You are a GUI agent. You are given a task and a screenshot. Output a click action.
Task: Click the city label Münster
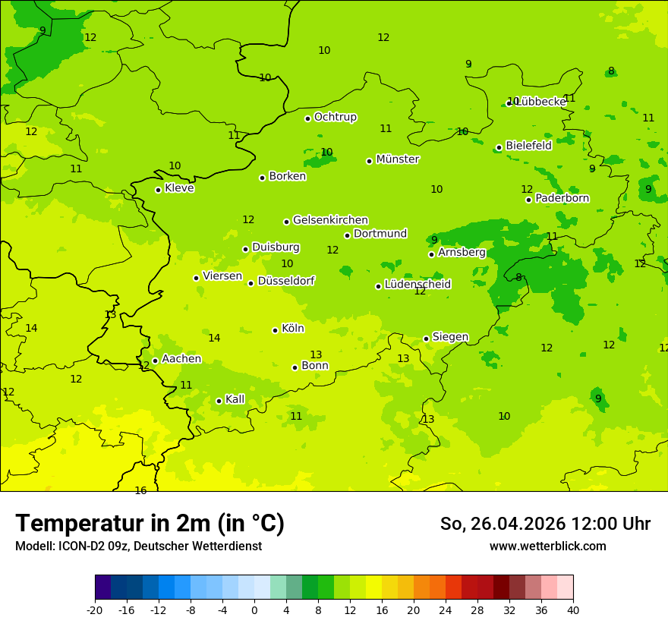click(397, 159)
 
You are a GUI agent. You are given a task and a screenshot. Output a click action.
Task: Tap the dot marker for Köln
click(275, 330)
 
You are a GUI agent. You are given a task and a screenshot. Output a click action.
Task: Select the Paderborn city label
click(562, 198)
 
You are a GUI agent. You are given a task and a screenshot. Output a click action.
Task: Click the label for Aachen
click(181, 359)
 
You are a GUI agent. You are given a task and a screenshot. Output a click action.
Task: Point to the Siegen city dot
click(426, 339)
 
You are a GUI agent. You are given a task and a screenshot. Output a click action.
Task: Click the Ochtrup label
click(335, 117)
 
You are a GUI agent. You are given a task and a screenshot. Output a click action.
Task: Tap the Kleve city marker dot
click(158, 190)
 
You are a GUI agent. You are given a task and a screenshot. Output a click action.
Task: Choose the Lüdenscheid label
click(417, 285)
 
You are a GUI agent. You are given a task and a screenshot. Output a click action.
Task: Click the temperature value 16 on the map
click(140, 491)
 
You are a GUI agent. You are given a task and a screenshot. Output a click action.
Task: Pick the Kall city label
click(235, 399)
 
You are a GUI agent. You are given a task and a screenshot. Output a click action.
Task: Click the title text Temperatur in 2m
click(114, 524)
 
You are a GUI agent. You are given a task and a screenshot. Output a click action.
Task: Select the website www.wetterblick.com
click(547, 546)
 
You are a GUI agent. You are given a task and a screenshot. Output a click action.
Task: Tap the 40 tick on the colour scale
click(573, 610)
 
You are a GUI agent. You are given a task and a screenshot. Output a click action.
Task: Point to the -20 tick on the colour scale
click(95, 610)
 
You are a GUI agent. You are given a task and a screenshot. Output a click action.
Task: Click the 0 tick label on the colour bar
click(254, 610)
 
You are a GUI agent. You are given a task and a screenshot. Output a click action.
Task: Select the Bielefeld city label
click(528, 146)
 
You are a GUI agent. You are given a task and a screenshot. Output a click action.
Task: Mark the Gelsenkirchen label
click(330, 220)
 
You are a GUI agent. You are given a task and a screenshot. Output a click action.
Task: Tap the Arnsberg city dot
click(431, 254)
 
